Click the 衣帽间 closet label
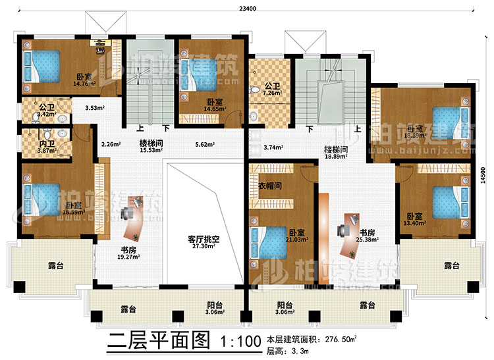point(270,186)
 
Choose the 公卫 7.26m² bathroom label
point(273,90)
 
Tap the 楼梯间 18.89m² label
point(336,153)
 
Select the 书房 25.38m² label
point(368,236)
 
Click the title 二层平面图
point(155,343)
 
